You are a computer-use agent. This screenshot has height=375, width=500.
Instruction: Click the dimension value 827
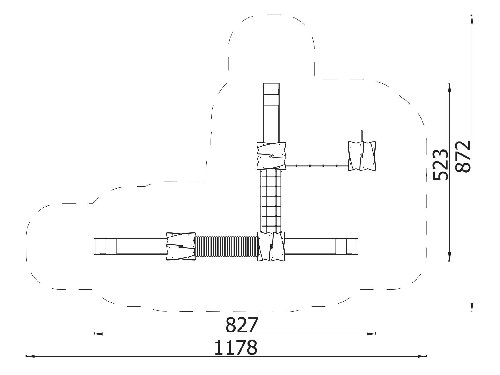tap(242, 325)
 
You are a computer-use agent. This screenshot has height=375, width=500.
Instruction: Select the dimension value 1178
tap(236, 347)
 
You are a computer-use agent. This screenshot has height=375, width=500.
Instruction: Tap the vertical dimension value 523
tap(440, 165)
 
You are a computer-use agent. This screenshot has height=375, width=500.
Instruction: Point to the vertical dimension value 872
tap(462, 156)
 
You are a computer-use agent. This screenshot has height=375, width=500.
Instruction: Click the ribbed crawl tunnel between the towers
tap(227, 246)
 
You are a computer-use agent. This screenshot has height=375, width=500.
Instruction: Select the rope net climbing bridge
tap(271, 201)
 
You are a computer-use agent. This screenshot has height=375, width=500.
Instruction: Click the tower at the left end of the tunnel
tap(181, 246)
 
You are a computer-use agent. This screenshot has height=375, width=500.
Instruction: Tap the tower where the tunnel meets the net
tap(271, 246)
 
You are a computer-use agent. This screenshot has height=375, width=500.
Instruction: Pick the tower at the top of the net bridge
tap(271, 156)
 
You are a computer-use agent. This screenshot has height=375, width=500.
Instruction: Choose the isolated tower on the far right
tap(362, 156)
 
